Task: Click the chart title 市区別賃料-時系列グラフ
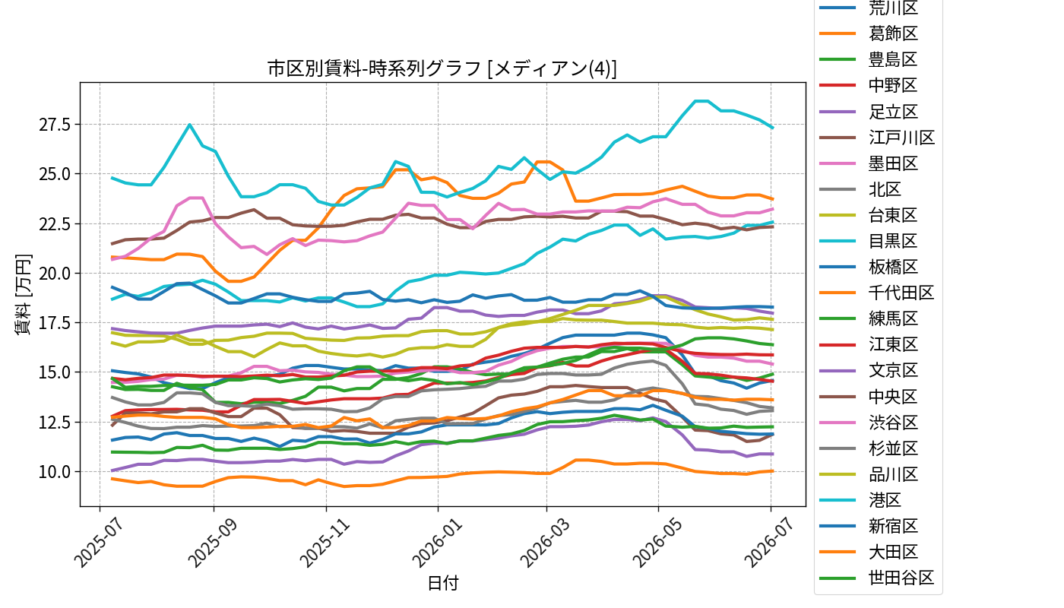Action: [x=374, y=68]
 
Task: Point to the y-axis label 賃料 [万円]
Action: [x=22, y=295]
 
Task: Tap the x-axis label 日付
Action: [x=442, y=583]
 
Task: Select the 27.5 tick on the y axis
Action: [x=55, y=125]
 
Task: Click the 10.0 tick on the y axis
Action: [x=55, y=472]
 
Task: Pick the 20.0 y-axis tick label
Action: [x=55, y=273]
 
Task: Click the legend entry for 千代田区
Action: [x=877, y=293]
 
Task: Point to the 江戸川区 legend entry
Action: [x=877, y=138]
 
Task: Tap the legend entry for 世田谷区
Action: [x=877, y=578]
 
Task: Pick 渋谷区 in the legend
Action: [x=869, y=423]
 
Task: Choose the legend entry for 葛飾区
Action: [x=869, y=33]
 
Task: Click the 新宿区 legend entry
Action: [x=869, y=526]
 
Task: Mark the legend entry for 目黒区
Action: [x=869, y=241]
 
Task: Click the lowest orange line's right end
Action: [x=773, y=470]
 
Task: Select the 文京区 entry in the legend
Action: [x=869, y=371]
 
